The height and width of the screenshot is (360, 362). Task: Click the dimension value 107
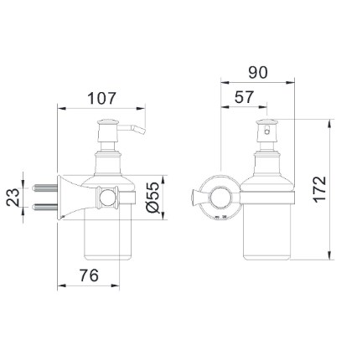101,98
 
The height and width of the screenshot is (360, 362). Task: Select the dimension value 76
90,275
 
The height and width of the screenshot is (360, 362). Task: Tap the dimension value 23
13,197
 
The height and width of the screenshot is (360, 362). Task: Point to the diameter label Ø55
153,198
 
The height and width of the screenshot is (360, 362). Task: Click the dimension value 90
258,72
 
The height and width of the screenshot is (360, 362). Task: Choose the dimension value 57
244,97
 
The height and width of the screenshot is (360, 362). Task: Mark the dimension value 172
320,188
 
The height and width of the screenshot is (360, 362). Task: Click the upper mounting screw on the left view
45,188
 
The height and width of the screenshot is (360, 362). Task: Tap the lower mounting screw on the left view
45,207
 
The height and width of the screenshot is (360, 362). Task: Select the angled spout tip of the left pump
141,131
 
